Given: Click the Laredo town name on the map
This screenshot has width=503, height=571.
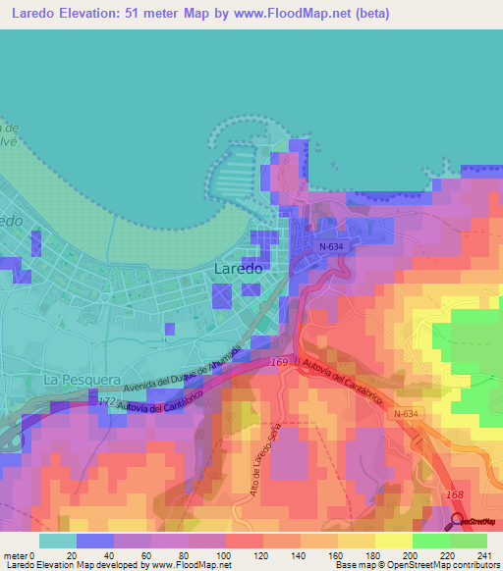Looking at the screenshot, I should pyautogui.click(x=238, y=268).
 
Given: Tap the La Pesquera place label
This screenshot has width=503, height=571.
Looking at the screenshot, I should pyautogui.click(x=82, y=378).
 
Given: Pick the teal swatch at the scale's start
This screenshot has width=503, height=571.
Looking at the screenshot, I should pyautogui.click(x=58, y=541).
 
